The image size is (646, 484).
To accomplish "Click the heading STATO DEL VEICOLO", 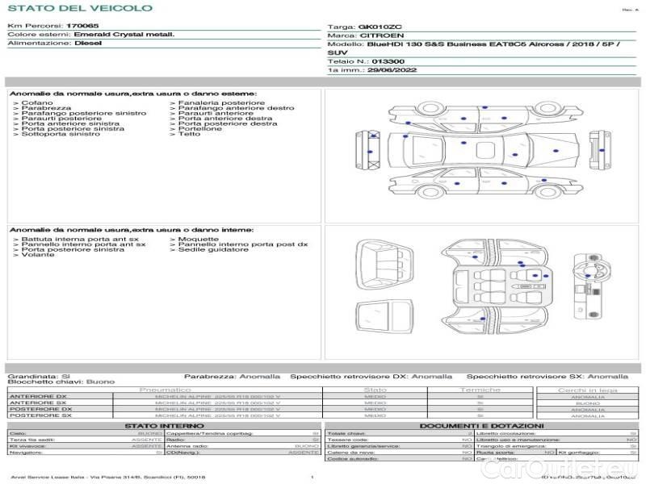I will tap(79, 8).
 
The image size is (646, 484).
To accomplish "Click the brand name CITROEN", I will tap(377, 35).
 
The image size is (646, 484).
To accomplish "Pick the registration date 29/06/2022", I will tap(392, 70).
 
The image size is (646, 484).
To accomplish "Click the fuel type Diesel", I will tap(88, 44).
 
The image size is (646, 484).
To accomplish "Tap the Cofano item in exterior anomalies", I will tap(37, 103).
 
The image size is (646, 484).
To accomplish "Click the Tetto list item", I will tap(189, 134).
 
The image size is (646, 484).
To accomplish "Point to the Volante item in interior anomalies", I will tap(38, 255).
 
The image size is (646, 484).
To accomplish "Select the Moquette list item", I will tap(198, 239).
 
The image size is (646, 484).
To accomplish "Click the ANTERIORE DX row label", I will tap(37, 396).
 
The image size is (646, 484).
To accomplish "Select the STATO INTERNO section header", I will tap(159, 425).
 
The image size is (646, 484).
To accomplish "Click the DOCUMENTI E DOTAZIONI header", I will tap(481, 425).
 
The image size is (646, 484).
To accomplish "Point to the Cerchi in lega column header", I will tap(587, 390).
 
